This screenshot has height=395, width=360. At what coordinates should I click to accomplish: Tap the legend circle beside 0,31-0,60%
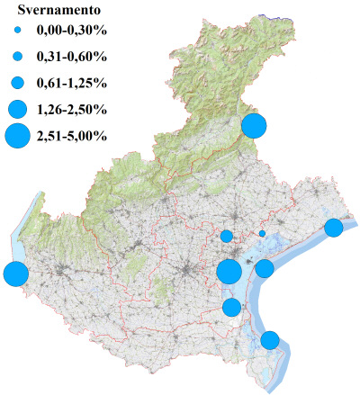(16, 58)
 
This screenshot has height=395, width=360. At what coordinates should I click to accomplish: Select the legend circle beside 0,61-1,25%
(16, 84)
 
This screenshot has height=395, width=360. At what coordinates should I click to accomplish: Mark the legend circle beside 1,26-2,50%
(16, 110)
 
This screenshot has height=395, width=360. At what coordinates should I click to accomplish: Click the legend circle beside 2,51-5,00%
(16, 137)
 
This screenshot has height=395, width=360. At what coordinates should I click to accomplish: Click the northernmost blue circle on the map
(254, 125)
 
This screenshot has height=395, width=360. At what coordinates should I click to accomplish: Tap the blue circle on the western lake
(14, 274)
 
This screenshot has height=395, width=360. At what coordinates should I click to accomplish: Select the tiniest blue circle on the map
(262, 233)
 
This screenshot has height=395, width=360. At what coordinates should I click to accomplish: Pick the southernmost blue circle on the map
(269, 340)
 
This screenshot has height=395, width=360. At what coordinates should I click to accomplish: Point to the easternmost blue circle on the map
(333, 228)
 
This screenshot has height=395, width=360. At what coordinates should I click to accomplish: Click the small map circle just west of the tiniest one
(227, 237)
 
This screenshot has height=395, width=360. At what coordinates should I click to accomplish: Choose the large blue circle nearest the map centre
(229, 271)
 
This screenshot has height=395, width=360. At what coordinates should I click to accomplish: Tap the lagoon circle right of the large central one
(265, 268)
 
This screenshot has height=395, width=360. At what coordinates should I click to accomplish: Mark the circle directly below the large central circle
(231, 308)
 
